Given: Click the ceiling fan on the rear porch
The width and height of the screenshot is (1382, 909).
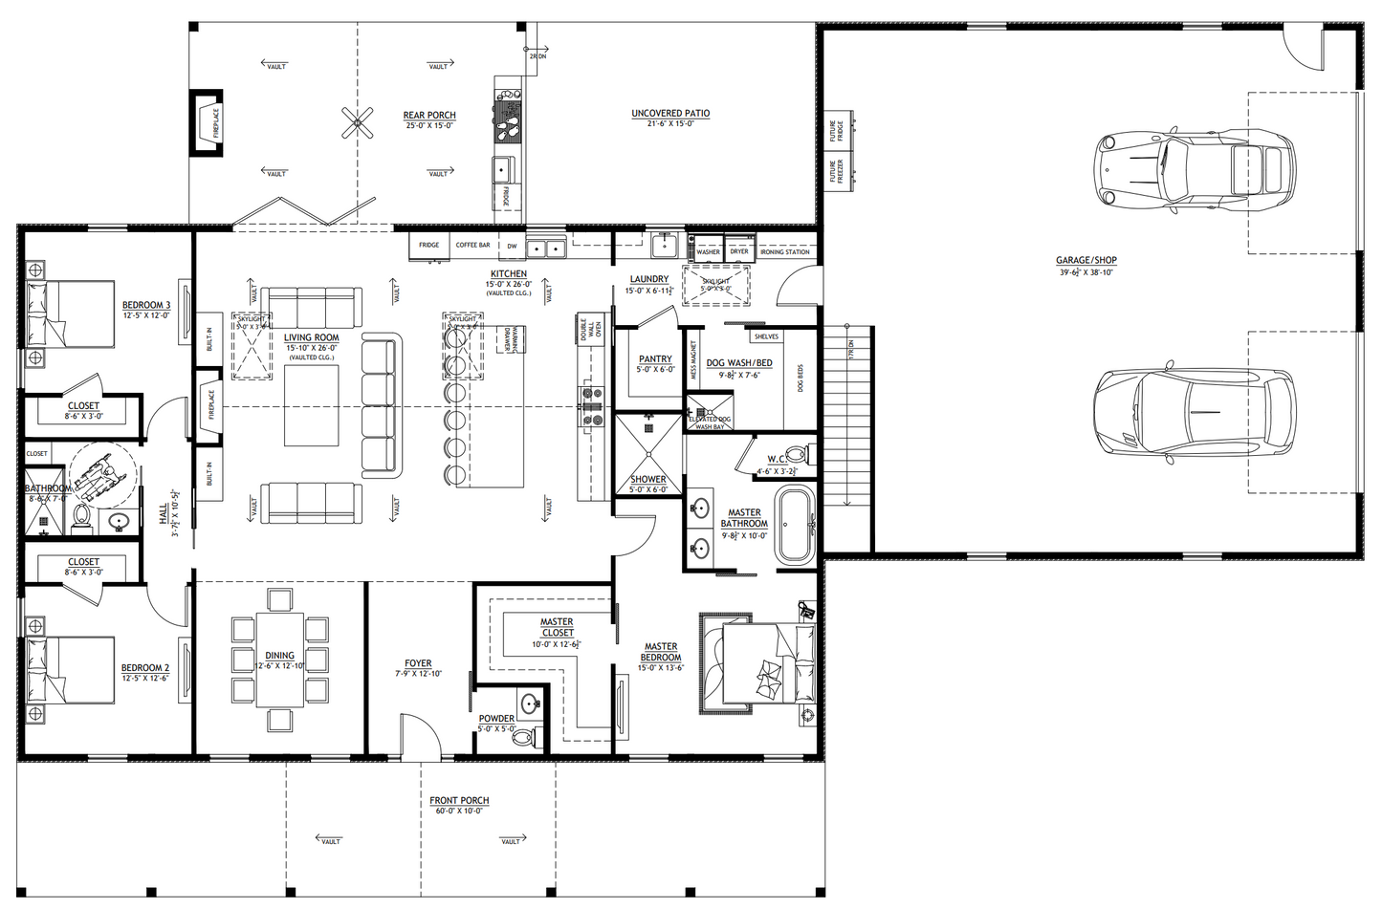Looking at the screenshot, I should click(x=358, y=121).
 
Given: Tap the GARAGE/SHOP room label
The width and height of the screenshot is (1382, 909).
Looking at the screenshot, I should click(x=1086, y=260).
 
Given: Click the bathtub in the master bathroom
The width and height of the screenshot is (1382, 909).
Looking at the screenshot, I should click(x=794, y=526).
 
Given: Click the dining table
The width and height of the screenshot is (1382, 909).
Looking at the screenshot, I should click(x=279, y=660).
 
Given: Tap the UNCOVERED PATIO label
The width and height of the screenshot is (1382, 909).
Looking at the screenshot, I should click(x=670, y=113).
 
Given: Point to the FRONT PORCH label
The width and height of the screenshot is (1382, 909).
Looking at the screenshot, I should click(x=459, y=800).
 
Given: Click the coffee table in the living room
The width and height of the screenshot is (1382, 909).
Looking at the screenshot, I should click(x=311, y=405).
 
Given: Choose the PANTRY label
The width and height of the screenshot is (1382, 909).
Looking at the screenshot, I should click(x=655, y=359).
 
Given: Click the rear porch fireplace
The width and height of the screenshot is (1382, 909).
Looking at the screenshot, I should click(x=208, y=122).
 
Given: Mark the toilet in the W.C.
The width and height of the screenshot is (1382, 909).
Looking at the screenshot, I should click(x=796, y=454).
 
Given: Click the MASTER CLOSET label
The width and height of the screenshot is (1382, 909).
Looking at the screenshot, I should click(x=557, y=627).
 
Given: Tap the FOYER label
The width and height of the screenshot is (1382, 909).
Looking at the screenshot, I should click(x=418, y=663).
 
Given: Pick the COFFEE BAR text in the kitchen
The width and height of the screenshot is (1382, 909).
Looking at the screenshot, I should click(x=472, y=245).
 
